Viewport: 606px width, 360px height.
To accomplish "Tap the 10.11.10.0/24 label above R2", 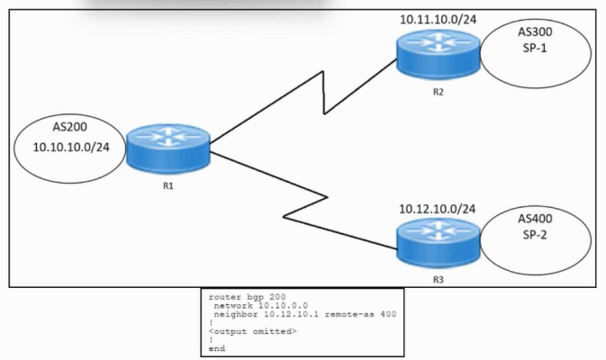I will click(437, 18).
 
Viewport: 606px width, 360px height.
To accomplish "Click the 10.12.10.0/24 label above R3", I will click(437, 209).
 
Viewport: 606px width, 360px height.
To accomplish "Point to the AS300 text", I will click(536, 31).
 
